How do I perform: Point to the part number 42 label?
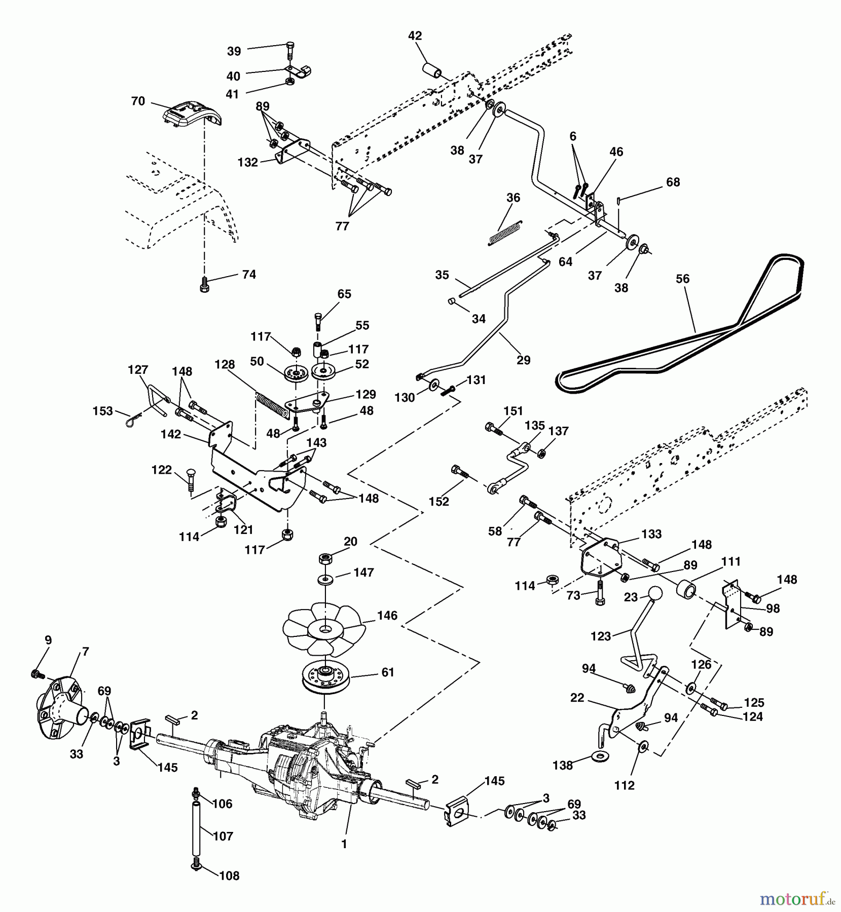pyautogui.click(x=415, y=36)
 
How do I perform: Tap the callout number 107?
pyautogui.click(x=223, y=836)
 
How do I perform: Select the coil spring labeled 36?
pyautogui.click(x=505, y=233)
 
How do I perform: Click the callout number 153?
pyautogui.click(x=103, y=411)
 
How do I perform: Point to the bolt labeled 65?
pyautogui.click(x=318, y=321)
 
